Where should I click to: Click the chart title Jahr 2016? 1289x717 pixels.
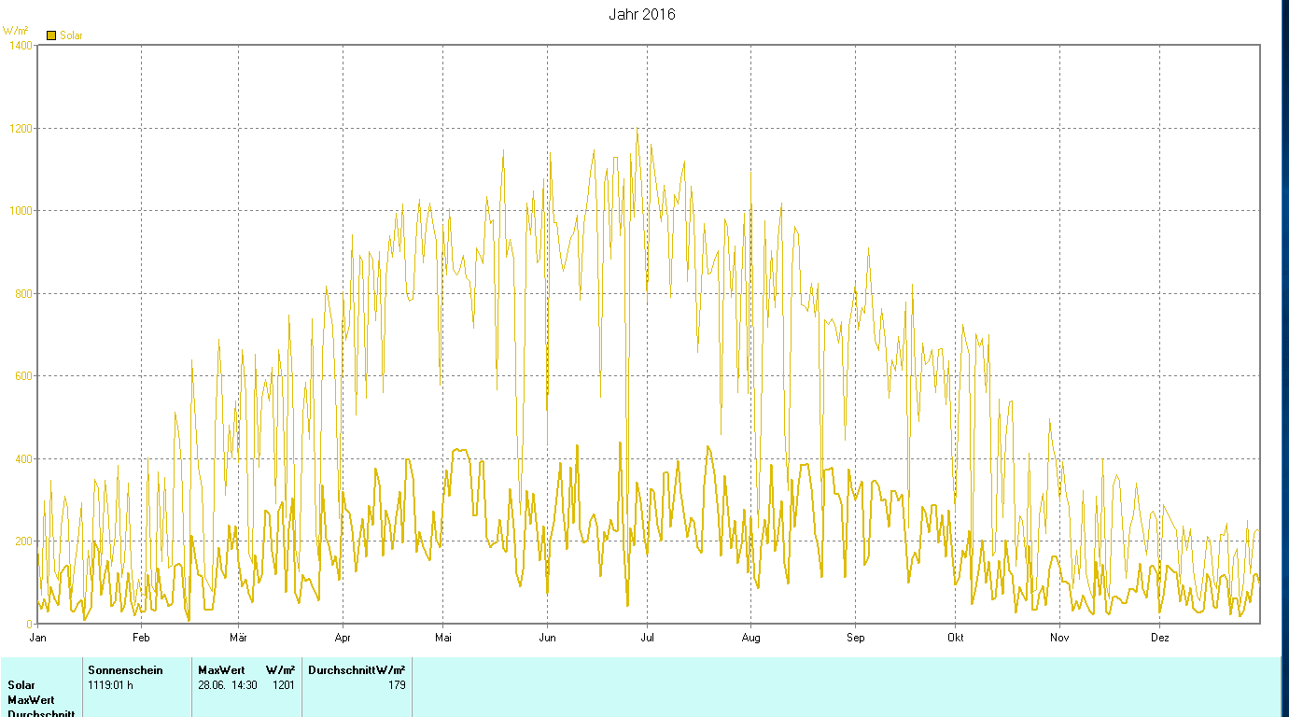click(641, 14)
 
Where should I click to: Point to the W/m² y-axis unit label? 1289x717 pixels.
click(15, 31)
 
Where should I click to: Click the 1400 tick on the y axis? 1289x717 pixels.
click(19, 45)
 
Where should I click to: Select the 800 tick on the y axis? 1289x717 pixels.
click(22, 294)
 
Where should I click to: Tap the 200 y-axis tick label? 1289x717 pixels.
click(22, 541)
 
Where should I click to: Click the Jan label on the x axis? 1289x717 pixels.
click(38, 639)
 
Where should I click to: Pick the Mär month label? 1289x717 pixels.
click(238, 639)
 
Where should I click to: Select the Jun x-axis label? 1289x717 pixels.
click(547, 639)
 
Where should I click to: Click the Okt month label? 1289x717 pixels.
click(955, 639)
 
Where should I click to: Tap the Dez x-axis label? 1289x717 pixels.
click(1159, 639)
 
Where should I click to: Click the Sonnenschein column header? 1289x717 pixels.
click(125, 669)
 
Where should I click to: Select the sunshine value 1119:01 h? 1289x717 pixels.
click(111, 685)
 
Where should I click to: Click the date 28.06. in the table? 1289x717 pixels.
click(213, 685)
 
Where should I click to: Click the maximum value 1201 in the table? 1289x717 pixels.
click(284, 685)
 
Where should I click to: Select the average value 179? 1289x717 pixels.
click(397, 685)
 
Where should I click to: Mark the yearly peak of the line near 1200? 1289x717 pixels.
click(637, 128)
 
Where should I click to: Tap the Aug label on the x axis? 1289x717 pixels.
click(750, 639)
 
